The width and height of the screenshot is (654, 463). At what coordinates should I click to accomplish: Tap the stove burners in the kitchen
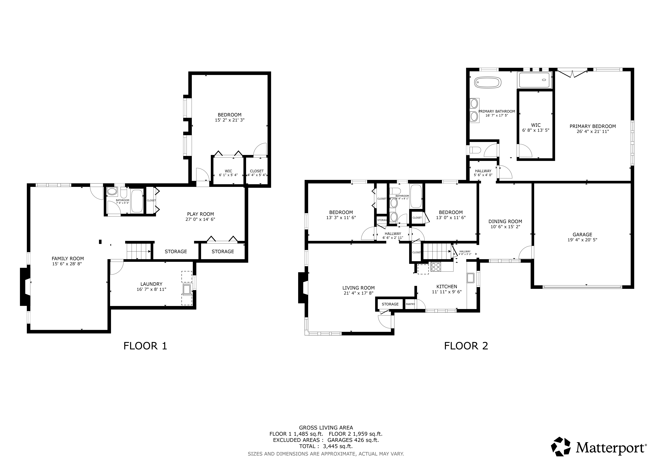(436, 267)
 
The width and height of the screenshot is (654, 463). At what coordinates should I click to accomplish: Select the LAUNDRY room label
(151, 284)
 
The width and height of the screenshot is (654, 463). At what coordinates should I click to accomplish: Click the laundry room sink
(187, 289)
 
